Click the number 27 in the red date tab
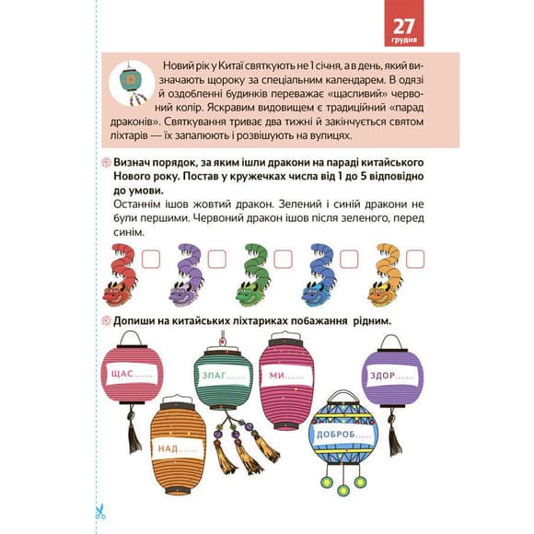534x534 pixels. click(404, 26)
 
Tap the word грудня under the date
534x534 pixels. click(404, 41)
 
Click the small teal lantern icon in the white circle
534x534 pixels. click(132, 83)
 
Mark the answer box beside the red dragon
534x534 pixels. click(150, 259)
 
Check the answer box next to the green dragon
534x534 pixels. click(283, 259)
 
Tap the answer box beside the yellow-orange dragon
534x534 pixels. click(415, 259)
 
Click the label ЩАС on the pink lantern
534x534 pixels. click(122, 374)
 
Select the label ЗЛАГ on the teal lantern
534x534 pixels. click(215, 376)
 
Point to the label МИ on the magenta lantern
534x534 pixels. click(277, 376)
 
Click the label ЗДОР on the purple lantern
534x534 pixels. click(382, 376)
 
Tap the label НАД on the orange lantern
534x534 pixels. click(168, 448)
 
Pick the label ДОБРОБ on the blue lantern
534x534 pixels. click(336, 435)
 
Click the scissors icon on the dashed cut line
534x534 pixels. click(100, 512)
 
